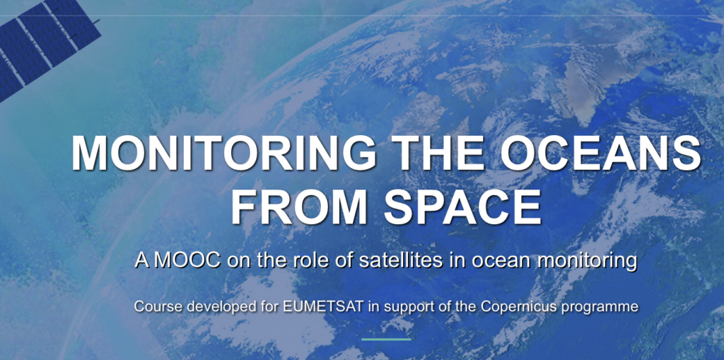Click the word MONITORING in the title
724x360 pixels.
pos(223,153)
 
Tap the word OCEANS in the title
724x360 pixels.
pos(600,153)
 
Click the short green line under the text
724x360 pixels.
pos(386,339)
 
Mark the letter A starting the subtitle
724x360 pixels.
pos(143,261)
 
